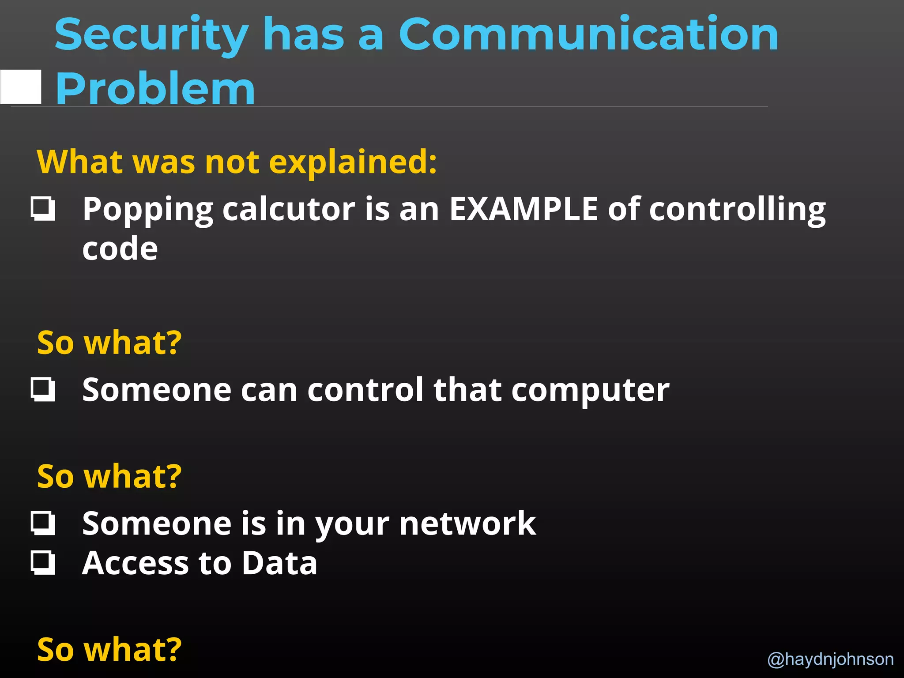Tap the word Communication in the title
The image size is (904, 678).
pos(588,34)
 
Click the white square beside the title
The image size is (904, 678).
pos(21,87)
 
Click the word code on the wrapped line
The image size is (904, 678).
pos(120,249)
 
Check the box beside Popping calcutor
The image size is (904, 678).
pos(43,209)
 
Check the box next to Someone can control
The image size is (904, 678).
pos(43,389)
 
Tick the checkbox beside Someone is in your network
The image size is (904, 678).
pos(43,523)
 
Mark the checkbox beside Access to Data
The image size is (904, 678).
pos(43,563)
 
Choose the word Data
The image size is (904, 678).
pos(279,563)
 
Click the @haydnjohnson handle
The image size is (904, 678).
pos(830,659)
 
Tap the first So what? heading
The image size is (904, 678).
pos(109,343)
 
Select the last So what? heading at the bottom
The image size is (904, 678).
pos(109,649)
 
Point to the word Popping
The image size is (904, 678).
pos(147,209)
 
